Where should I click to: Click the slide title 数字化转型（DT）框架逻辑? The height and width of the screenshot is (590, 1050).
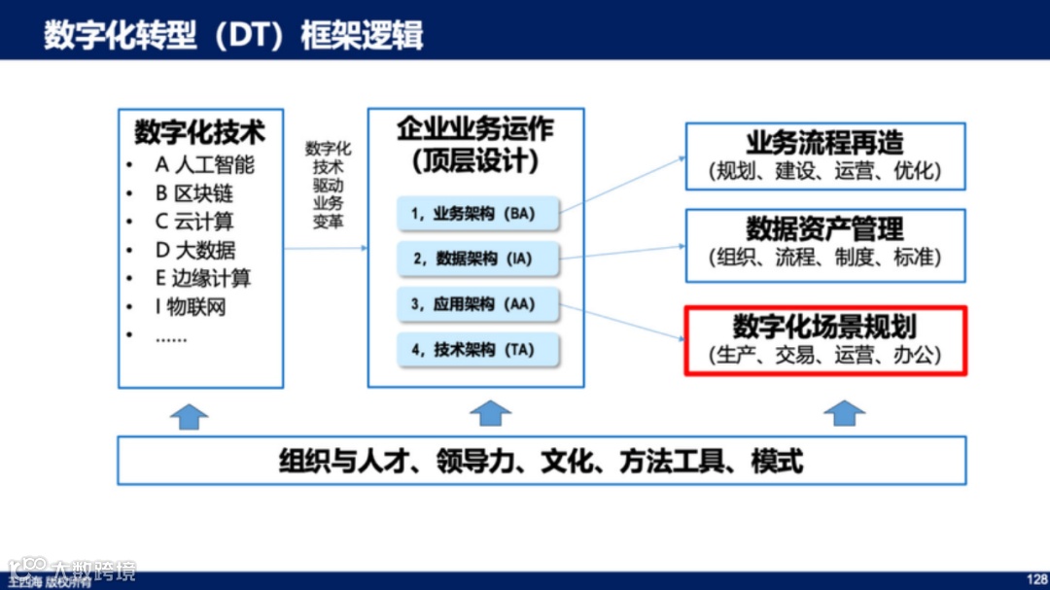pyautogui.click(x=233, y=35)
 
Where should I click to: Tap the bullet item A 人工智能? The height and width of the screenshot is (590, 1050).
pyautogui.click(x=204, y=164)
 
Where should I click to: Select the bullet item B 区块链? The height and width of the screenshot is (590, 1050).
pyautogui.click(x=194, y=192)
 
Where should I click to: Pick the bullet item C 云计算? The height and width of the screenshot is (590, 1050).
pyautogui.click(x=194, y=222)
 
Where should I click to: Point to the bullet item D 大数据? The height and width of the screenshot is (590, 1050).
pyautogui.click(x=195, y=251)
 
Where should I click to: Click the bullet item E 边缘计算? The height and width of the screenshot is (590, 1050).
pyautogui.click(x=203, y=279)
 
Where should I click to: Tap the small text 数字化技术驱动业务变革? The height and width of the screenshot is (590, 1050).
pyautogui.click(x=328, y=185)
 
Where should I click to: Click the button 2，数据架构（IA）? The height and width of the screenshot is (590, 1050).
pyautogui.click(x=478, y=259)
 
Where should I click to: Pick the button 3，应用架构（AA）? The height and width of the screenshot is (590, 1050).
pyautogui.click(x=478, y=304)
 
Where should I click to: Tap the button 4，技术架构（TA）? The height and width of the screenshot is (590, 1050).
pyautogui.click(x=478, y=350)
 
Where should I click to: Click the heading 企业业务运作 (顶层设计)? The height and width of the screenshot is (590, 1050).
pyautogui.click(x=475, y=144)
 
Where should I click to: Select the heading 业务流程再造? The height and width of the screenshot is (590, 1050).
pyautogui.click(x=824, y=143)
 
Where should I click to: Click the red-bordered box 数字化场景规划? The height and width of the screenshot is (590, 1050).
pyautogui.click(x=824, y=340)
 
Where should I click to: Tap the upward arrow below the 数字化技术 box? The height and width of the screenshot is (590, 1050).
pyautogui.click(x=190, y=415)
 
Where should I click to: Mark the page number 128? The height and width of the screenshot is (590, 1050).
pyautogui.click(x=1036, y=578)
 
